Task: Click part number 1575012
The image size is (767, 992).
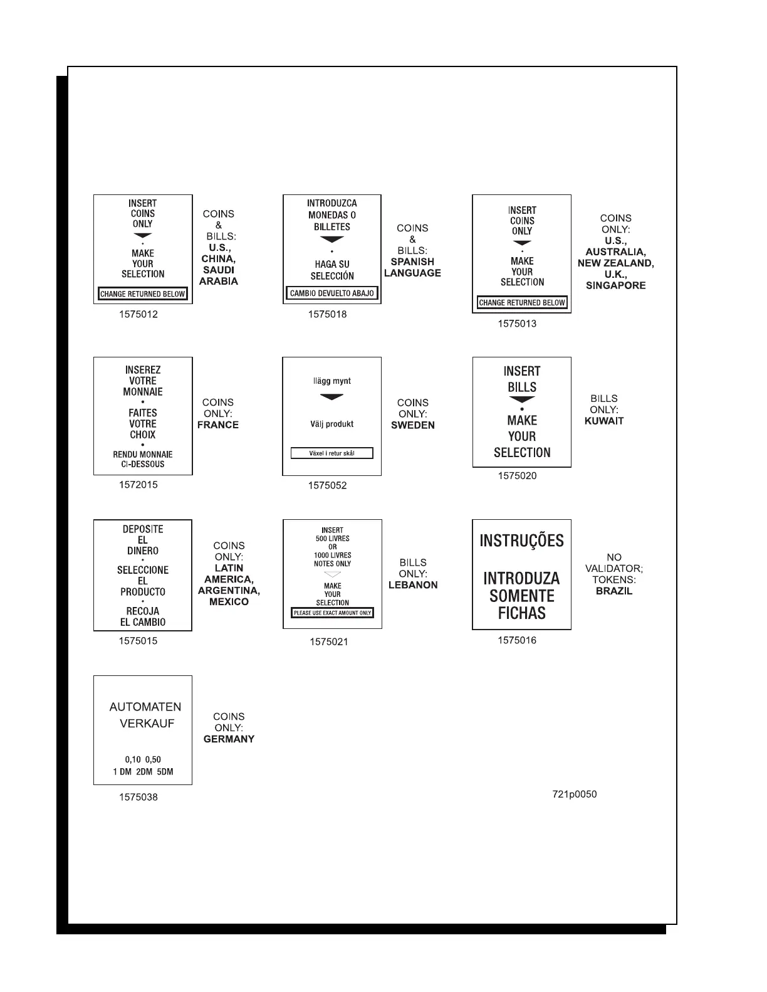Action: click(x=138, y=315)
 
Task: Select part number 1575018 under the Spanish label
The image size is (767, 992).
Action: click(x=327, y=315)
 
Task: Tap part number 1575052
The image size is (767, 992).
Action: click(x=327, y=485)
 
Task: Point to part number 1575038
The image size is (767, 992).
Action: click(x=138, y=798)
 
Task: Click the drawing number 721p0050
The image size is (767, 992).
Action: click(x=575, y=794)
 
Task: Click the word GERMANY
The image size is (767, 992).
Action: click(x=229, y=739)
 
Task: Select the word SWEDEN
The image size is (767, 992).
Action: click(x=412, y=425)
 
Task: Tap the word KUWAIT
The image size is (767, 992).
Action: click(x=604, y=421)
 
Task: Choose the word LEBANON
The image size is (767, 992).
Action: click(x=413, y=585)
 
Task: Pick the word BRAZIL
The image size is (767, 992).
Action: click(x=614, y=591)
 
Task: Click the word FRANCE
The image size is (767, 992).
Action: click(x=217, y=425)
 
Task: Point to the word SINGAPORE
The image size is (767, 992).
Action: click(x=615, y=285)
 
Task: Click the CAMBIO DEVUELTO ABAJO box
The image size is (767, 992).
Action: click(x=332, y=293)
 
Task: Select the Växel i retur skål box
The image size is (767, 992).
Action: click(x=332, y=453)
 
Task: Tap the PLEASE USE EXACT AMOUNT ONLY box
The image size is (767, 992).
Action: click(x=332, y=613)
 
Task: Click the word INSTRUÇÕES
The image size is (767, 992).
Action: click(x=521, y=541)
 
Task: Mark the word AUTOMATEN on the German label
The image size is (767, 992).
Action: click(x=145, y=707)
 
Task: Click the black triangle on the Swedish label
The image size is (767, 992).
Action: click(x=332, y=397)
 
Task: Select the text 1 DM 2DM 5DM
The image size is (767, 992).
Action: click(x=143, y=772)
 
